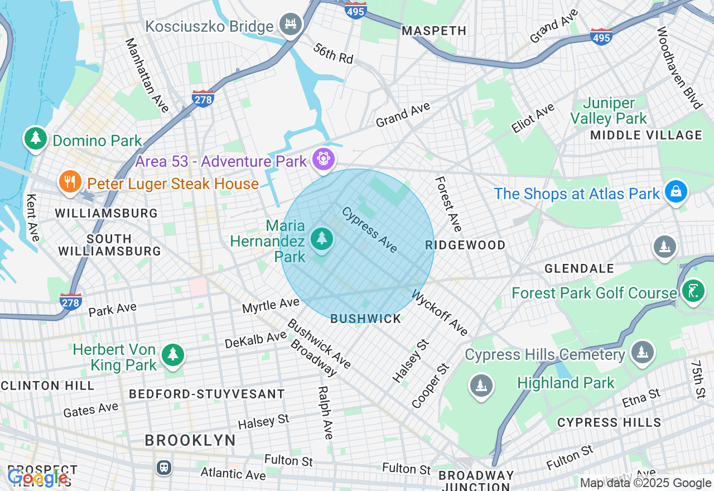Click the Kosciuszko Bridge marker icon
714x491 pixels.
(x=291, y=24)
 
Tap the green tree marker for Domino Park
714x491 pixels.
(x=36, y=138)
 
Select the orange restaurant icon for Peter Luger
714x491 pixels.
(x=70, y=182)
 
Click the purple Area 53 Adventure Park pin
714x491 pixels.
(x=323, y=160)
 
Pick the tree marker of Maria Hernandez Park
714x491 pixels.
(x=321, y=239)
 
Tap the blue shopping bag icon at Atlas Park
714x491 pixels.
(x=676, y=191)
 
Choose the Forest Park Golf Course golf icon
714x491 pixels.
(x=693, y=291)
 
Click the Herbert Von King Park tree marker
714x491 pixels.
(x=173, y=354)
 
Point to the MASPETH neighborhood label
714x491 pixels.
(x=434, y=31)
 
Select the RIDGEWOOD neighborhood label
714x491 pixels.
(x=465, y=245)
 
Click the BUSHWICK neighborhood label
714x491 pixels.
(x=366, y=319)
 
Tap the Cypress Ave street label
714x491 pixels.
(x=369, y=229)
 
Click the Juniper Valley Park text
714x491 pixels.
(x=609, y=110)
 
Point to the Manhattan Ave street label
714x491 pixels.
(x=147, y=75)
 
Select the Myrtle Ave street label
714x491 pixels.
(x=271, y=305)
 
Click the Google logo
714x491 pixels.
(x=38, y=478)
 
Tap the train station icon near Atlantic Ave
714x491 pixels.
(x=164, y=467)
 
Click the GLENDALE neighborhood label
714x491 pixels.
(x=578, y=268)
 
